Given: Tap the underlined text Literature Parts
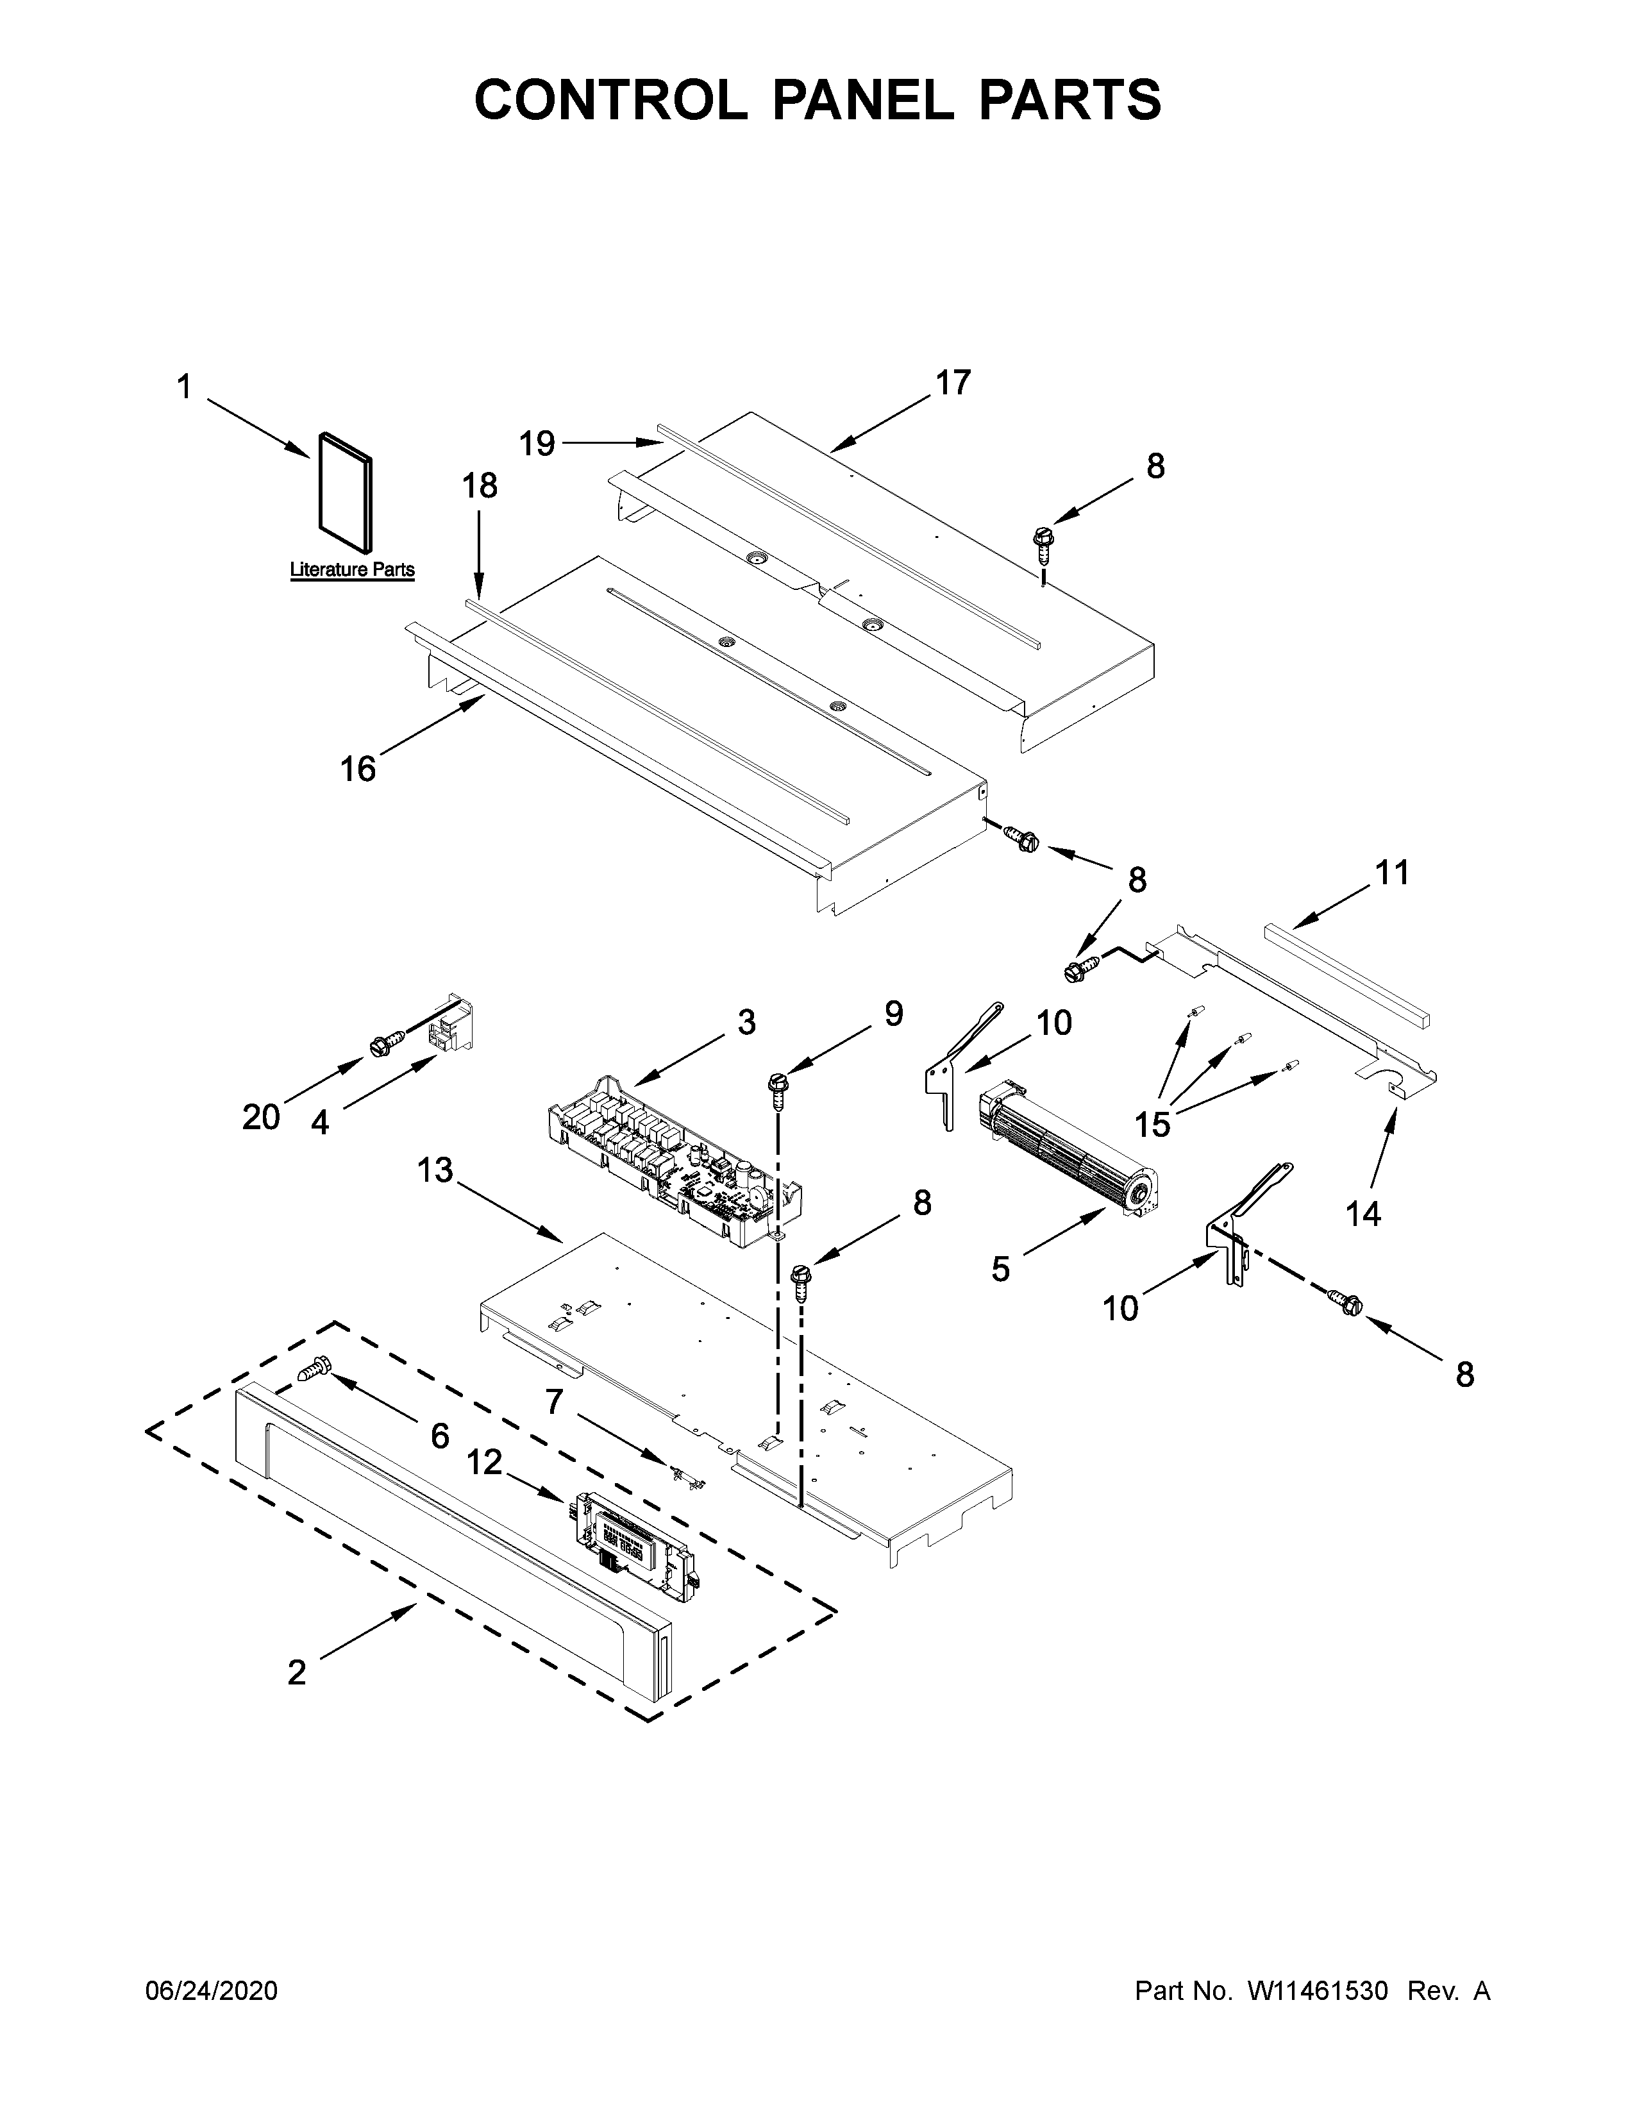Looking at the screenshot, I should coord(353,569).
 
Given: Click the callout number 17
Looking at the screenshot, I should coord(952,383).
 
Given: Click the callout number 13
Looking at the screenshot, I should coord(436,1170).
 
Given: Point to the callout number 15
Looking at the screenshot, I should coord(1153,1125).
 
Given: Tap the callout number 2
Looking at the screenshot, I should coord(298,1672).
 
